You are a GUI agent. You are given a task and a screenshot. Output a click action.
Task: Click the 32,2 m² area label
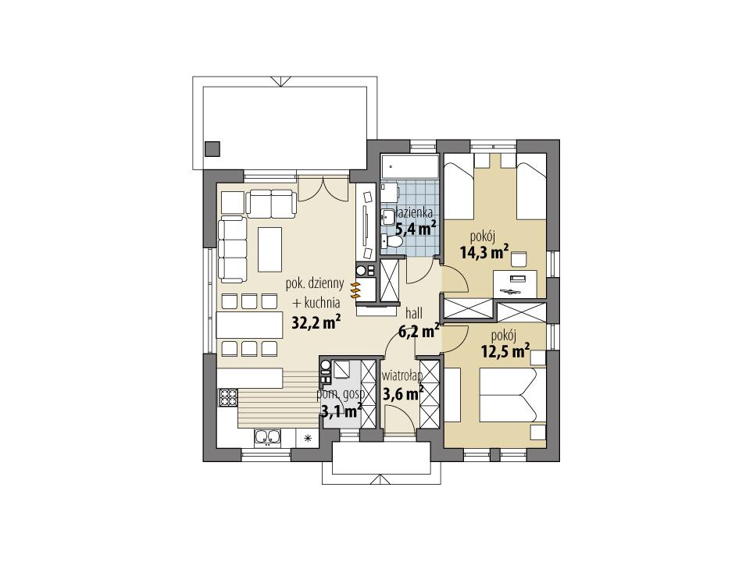coord(316,322)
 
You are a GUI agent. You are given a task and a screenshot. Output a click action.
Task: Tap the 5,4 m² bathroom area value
coord(416,228)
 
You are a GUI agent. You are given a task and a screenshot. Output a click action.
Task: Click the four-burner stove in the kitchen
coord(228,398)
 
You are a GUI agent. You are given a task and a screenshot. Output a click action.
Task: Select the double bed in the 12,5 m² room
coord(506,397)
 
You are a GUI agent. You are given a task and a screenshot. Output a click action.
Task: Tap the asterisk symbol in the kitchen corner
coord(308,438)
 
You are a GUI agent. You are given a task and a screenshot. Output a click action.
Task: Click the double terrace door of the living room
coord(320,188)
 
